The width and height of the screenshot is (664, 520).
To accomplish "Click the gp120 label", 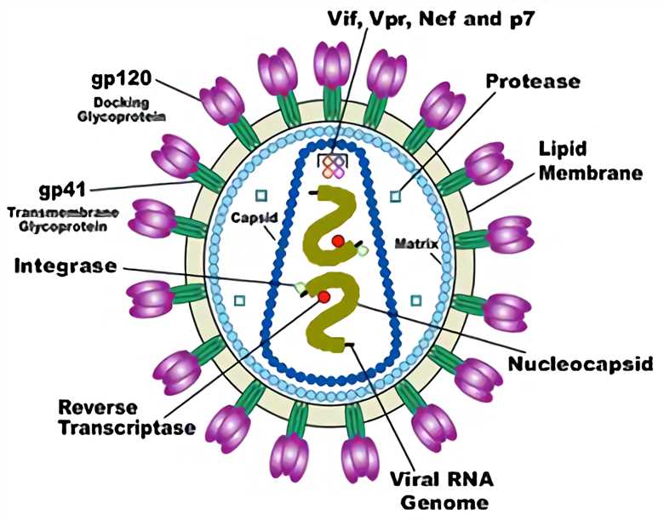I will pos(122,80).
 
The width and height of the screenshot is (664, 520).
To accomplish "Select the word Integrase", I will pos(65,266).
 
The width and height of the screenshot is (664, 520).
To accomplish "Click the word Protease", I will pos(533,82).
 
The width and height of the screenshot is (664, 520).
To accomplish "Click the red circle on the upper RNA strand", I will pos(339,242).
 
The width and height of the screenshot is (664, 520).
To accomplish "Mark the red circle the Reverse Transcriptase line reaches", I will pos(324,296).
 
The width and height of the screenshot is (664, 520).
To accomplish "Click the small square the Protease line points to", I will pos(395,197).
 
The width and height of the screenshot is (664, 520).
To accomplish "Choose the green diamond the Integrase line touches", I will pos(299,288).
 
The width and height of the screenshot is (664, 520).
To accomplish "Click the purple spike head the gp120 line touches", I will pos(220,100).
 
